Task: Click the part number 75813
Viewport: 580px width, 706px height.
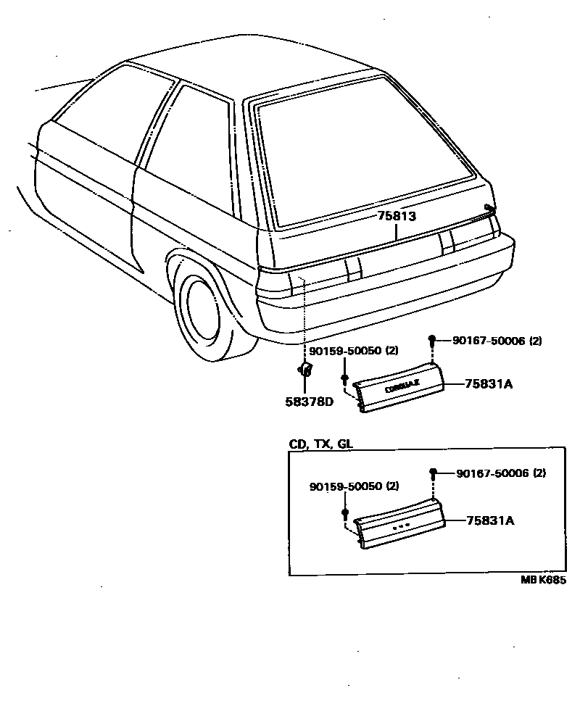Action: tap(397, 216)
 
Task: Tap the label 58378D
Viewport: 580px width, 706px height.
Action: tap(309, 402)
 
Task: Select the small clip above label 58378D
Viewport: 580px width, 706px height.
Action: tap(306, 371)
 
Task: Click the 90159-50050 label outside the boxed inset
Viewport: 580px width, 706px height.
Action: tap(354, 351)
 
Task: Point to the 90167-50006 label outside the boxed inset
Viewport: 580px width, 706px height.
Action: tap(497, 340)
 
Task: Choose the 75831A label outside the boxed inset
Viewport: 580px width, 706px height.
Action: tap(489, 384)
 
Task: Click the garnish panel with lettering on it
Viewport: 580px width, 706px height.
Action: tap(402, 389)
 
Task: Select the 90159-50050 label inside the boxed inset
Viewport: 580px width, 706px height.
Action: tap(354, 486)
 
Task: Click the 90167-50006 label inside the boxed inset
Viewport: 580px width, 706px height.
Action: tap(500, 473)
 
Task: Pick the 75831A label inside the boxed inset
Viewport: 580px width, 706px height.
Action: tap(490, 520)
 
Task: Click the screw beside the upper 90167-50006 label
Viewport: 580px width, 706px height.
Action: tap(432, 340)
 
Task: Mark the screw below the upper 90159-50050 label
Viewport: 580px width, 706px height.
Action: tap(345, 379)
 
